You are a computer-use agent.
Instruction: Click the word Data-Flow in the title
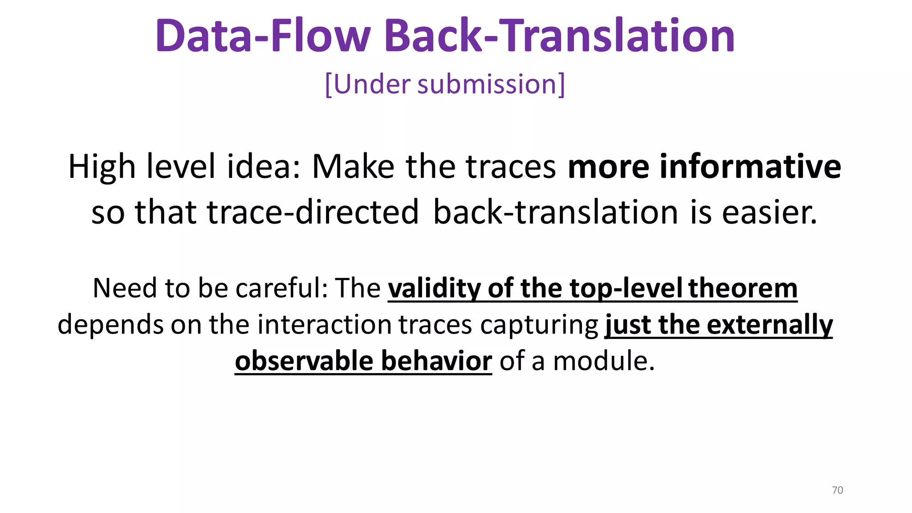tap(263, 36)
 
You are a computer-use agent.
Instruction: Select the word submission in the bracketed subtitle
tap(487, 84)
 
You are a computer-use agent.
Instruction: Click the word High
tap(102, 167)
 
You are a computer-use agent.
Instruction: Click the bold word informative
tap(750, 167)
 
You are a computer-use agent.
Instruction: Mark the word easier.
tap(769, 212)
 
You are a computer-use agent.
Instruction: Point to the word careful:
tap(281, 288)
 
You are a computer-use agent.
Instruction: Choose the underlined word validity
tap(434, 288)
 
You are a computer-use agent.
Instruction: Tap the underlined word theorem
tap(743, 288)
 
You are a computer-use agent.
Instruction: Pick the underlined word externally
tap(770, 325)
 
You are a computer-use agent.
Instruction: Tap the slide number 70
tap(837, 490)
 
